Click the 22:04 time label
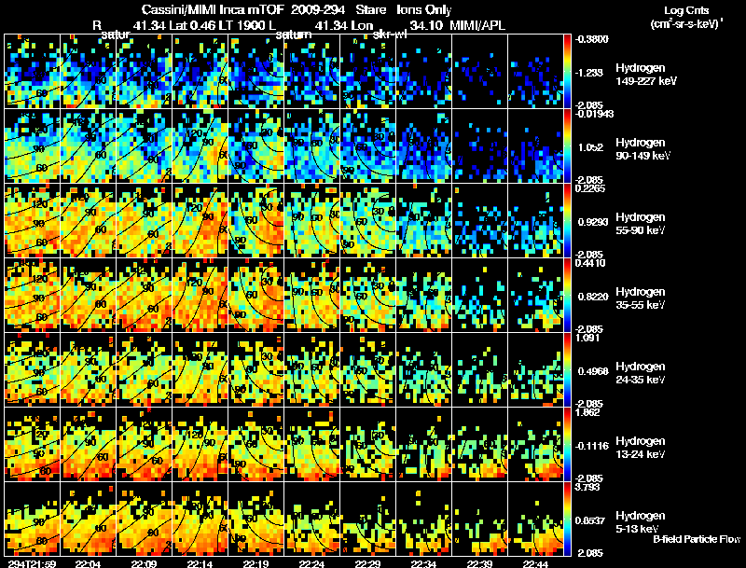(88, 562)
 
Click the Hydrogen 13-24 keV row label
(642, 448)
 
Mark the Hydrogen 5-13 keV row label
(641, 521)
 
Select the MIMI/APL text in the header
(480, 25)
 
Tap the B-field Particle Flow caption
(696, 539)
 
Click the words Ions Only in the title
(429, 9)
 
